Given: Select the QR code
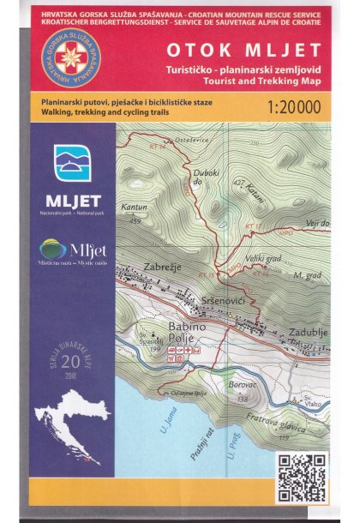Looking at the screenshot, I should [x=302, y=478].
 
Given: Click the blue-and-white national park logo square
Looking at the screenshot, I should [x=71, y=163].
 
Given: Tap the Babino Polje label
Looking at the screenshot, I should [x=172, y=334].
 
